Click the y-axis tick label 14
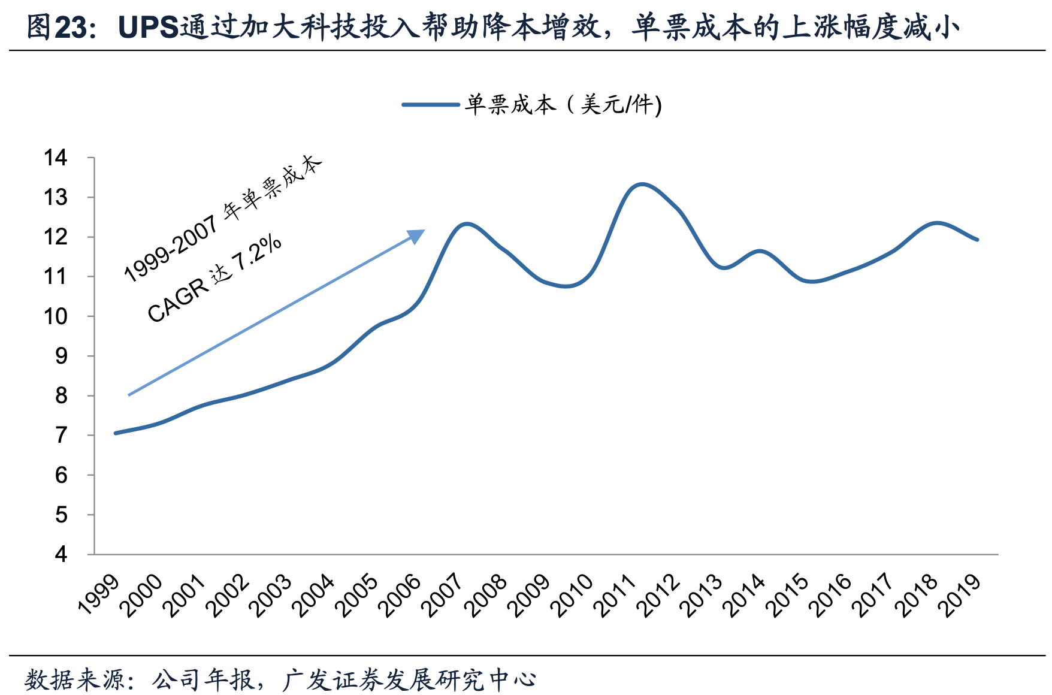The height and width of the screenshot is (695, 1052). [x=56, y=158]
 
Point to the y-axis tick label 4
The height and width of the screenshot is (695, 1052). [x=61, y=554]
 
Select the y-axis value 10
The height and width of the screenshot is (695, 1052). [x=56, y=316]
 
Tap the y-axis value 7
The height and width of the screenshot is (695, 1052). [x=61, y=436]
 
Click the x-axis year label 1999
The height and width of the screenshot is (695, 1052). [x=99, y=594]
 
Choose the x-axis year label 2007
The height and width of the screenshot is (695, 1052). [x=442, y=594]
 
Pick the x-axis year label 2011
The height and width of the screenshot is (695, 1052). [x=613, y=594]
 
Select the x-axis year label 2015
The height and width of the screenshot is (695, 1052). [x=785, y=594]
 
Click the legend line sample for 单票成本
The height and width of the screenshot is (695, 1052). [x=430, y=105]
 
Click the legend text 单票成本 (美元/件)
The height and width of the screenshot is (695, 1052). [x=563, y=105]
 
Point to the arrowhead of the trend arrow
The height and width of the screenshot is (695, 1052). [x=417, y=235]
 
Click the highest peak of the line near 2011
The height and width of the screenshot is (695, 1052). [x=642, y=184]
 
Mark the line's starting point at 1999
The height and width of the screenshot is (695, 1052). [x=116, y=433]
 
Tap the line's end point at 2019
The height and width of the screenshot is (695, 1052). [x=977, y=240]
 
